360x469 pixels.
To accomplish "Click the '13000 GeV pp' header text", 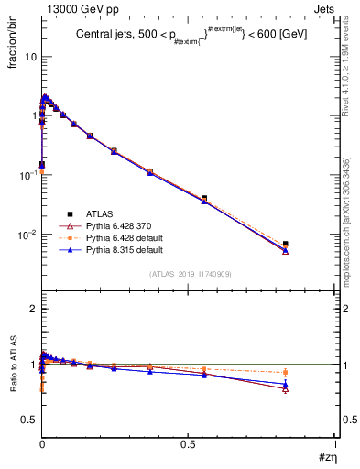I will pos(78,7).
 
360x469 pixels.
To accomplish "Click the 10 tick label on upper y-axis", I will pos(30,57).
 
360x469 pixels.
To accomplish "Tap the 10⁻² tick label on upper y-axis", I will pos(28,234).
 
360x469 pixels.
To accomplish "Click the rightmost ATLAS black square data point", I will pos(286,245).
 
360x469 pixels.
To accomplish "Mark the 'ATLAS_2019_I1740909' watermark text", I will pos(189,274).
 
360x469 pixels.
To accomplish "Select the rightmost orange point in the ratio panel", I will pos(286,372).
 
